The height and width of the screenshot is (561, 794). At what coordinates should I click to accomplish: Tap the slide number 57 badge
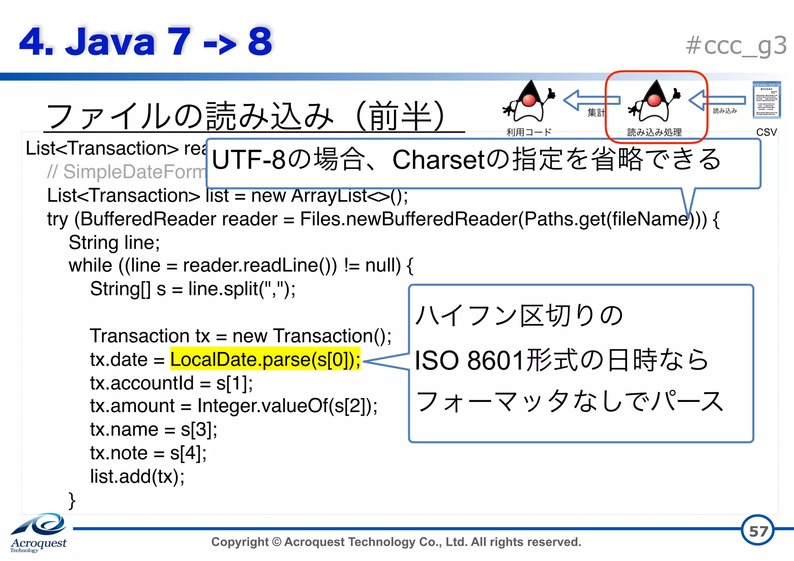pyautogui.click(x=758, y=531)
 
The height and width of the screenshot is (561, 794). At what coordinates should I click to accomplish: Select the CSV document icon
pyautogui.click(x=766, y=100)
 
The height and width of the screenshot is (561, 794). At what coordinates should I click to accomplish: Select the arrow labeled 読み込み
pyautogui.click(x=717, y=100)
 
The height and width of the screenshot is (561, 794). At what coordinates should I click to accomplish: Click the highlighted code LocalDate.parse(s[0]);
pyautogui.click(x=265, y=359)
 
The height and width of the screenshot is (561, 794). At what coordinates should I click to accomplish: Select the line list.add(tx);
pyautogui.click(x=137, y=476)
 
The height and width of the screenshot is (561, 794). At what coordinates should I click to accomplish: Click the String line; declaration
pyautogui.click(x=114, y=243)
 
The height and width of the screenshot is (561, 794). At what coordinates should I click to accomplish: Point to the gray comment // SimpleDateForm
pyautogui.click(x=126, y=172)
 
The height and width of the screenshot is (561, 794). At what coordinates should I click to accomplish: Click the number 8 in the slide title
pyautogui.click(x=259, y=41)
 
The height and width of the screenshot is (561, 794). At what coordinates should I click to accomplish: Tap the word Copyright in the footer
pyautogui.click(x=240, y=542)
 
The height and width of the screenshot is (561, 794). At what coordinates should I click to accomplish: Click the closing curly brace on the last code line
pyautogui.click(x=72, y=500)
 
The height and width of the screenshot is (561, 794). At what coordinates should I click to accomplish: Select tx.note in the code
pyautogui.click(x=119, y=453)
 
